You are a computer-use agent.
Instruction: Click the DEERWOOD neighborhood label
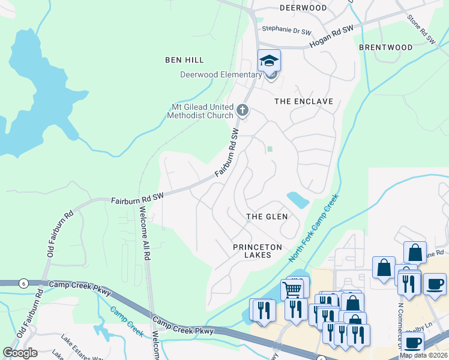coord(303,8)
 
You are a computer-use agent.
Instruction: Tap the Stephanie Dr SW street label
coord(287,29)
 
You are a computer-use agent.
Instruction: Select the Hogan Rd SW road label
coord(331,37)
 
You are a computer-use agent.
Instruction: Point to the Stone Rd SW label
coord(421,30)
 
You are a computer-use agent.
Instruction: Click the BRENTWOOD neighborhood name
coord(385,47)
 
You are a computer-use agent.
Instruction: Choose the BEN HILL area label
coord(185,60)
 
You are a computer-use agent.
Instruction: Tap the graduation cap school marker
coord(269,61)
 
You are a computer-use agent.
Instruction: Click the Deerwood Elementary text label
coord(221,75)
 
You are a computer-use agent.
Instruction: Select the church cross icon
coord(243,110)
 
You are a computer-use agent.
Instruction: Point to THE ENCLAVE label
coord(303,101)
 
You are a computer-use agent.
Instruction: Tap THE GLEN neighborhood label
coord(267,216)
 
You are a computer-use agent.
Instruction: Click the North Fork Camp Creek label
coord(313,227)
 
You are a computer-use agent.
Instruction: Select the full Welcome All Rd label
coord(144,233)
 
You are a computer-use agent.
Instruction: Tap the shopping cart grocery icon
coord(292,290)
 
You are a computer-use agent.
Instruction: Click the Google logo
coord(20,353)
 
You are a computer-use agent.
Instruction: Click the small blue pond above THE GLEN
coord(297,199)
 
